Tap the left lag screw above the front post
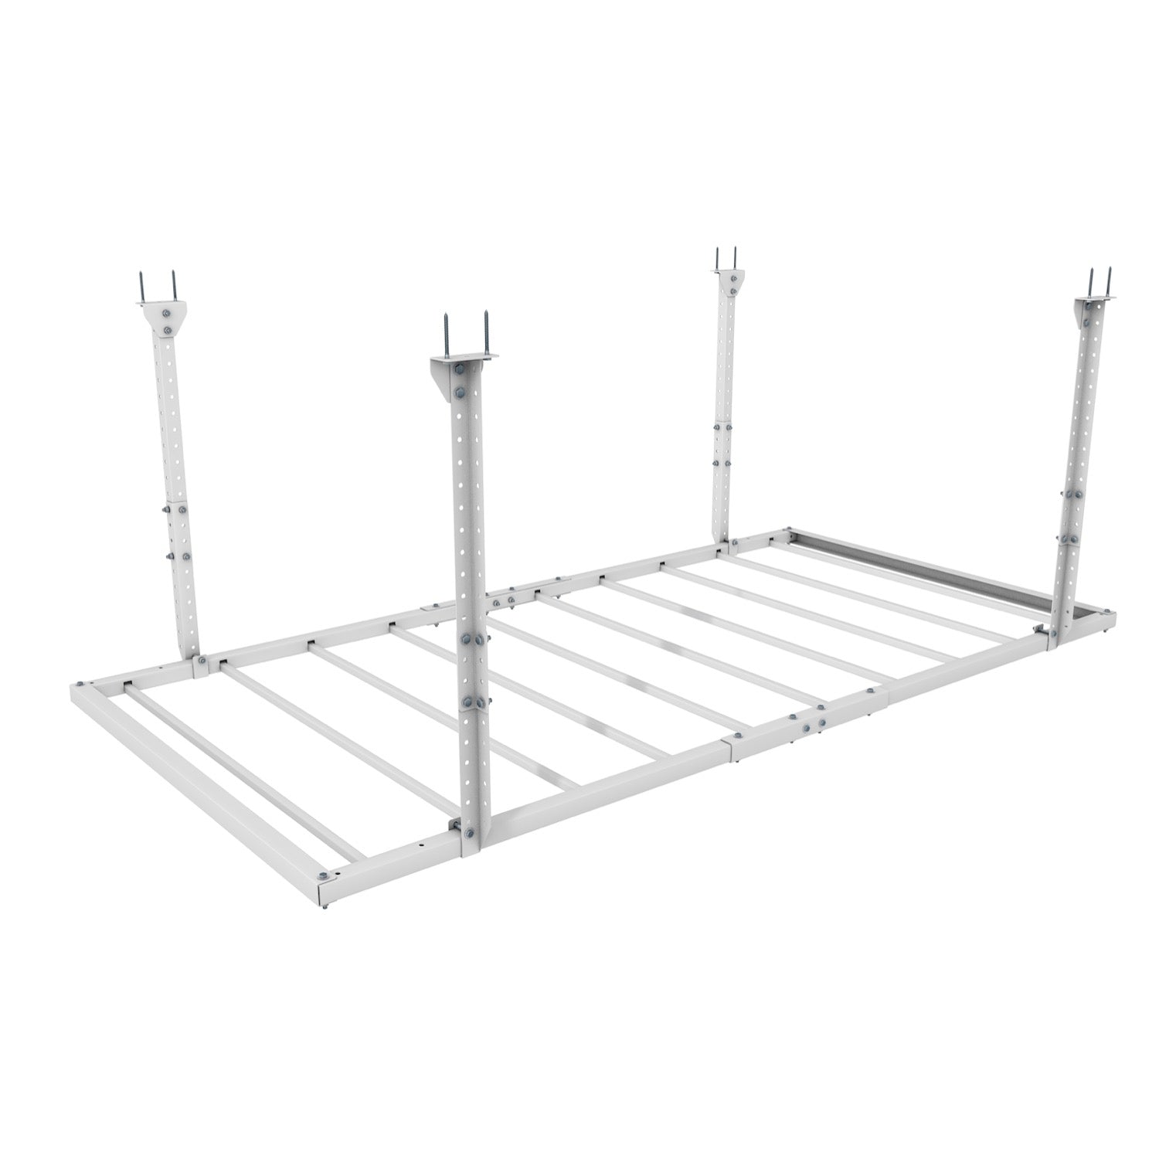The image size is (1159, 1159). coord(446,333)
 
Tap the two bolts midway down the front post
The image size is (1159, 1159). coord(473,640)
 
